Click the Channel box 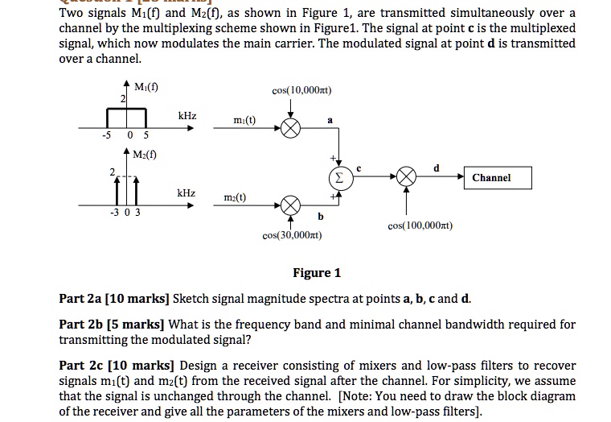[x=491, y=177]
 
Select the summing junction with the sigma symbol [x=338, y=177]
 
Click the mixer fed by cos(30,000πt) [x=291, y=205]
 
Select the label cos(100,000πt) [x=420, y=227]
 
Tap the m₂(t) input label [x=235, y=198]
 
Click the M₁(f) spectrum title [x=146, y=87]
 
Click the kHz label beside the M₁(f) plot [x=187, y=117]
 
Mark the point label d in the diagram [x=437, y=168]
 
